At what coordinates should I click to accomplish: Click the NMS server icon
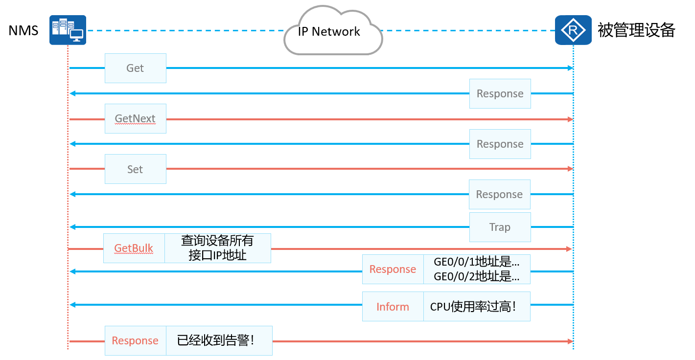click(68, 30)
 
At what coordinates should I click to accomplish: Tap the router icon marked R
click(573, 30)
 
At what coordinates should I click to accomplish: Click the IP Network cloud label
click(329, 31)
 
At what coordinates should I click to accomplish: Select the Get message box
click(135, 68)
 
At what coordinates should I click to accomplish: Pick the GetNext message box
click(135, 118)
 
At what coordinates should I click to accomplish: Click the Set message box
click(135, 169)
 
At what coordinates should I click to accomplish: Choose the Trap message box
click(500, 227)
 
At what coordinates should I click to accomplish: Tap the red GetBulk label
click(134, 248)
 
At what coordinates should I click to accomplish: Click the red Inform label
click(393, 307)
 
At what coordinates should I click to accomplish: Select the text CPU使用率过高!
click(473, 307)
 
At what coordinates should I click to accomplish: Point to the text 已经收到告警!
click(216, 340)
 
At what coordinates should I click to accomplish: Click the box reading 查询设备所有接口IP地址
click(217, 248)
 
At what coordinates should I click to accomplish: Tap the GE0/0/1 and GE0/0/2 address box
click(477, 269)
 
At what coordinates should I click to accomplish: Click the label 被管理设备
click(636, 30)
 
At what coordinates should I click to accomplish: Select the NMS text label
click(23, 30)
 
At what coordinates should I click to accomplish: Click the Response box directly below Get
click(500, 93)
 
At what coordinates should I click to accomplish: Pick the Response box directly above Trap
click(500, 194)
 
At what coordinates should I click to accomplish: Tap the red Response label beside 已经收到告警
click(135, 340)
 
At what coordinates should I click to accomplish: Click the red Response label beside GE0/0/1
click(393, 269)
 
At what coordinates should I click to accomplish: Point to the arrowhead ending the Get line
click(570, 68)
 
